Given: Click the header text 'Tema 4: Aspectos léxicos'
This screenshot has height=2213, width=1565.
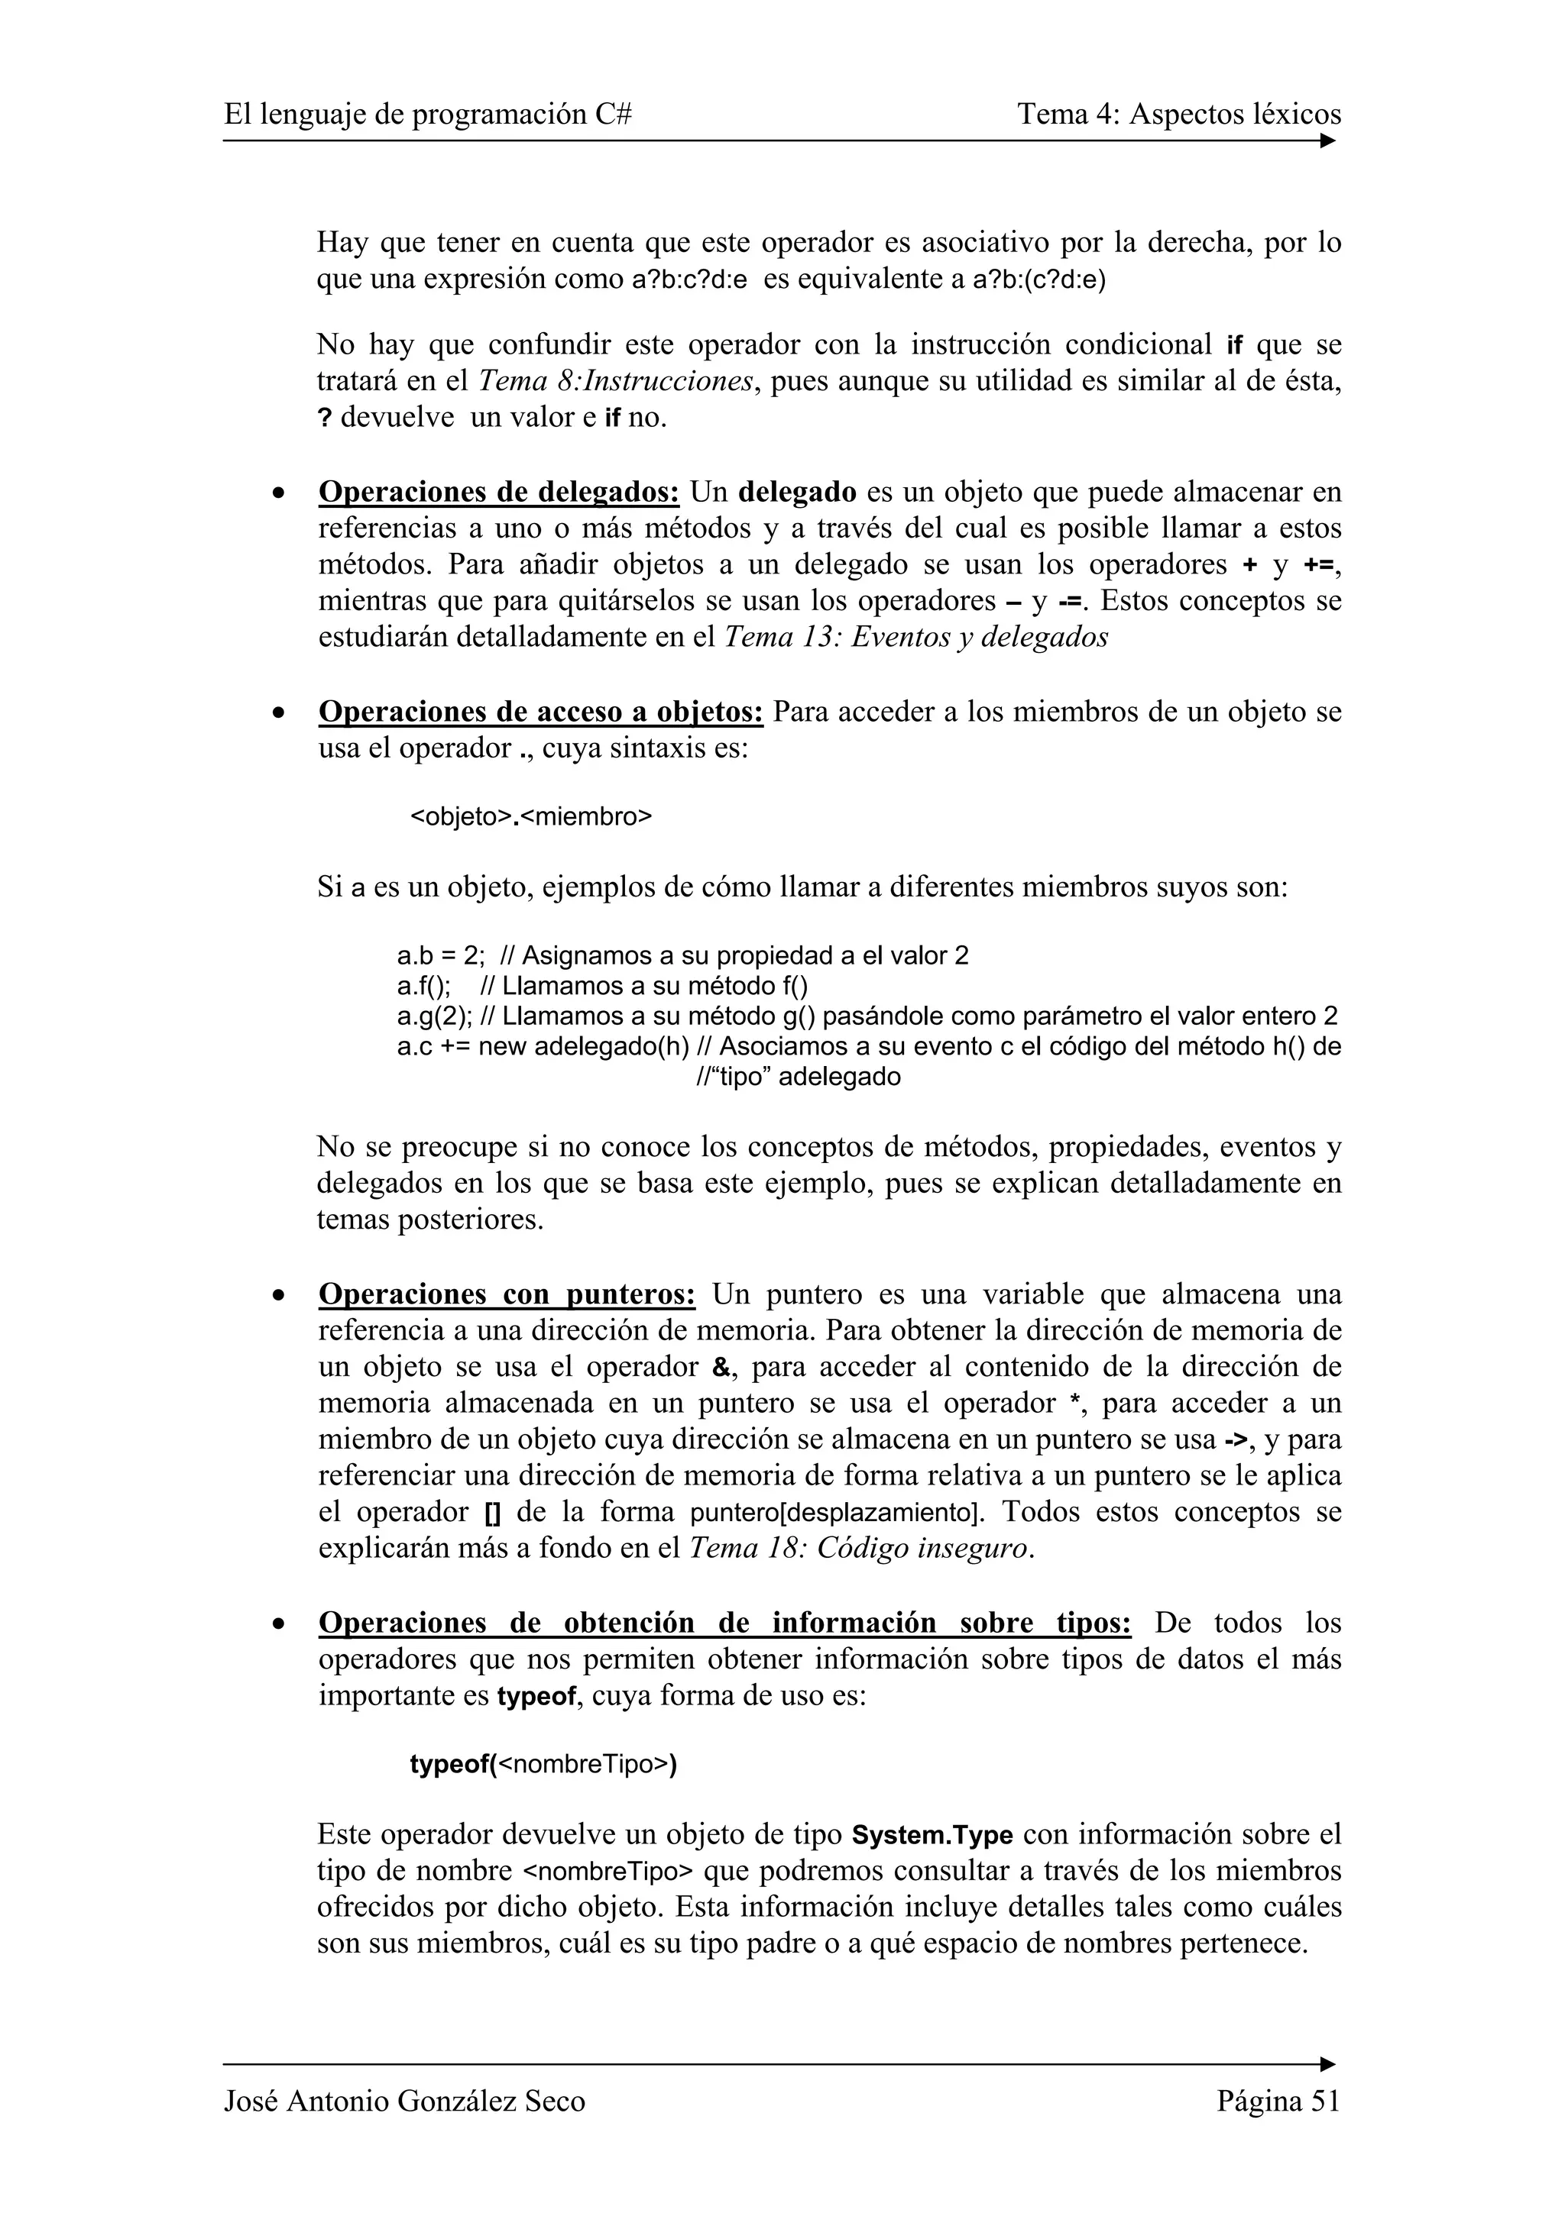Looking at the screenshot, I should [1178, 115].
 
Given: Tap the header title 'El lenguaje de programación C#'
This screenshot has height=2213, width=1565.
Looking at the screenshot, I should [428, 115].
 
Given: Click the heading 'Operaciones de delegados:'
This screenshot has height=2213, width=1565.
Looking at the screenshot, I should [498, 492].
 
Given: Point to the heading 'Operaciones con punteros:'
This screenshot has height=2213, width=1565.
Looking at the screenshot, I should [506, 1294].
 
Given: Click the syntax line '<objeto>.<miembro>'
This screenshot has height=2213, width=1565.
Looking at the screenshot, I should [531, 816].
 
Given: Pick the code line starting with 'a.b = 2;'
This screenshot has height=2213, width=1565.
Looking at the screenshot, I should [682, 955].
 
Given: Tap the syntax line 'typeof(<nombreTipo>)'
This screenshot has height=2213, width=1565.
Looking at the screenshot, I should [543, 1764].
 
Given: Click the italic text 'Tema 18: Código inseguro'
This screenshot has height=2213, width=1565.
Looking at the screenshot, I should [861, 1548].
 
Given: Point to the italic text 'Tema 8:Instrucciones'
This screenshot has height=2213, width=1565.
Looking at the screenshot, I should [616, 382].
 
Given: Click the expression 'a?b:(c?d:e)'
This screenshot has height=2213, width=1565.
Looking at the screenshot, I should [1039, 279].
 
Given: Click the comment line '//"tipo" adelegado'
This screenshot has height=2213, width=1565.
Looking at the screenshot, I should [798, 1077].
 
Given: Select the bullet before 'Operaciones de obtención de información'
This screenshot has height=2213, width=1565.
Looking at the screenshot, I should [279, 1624].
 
